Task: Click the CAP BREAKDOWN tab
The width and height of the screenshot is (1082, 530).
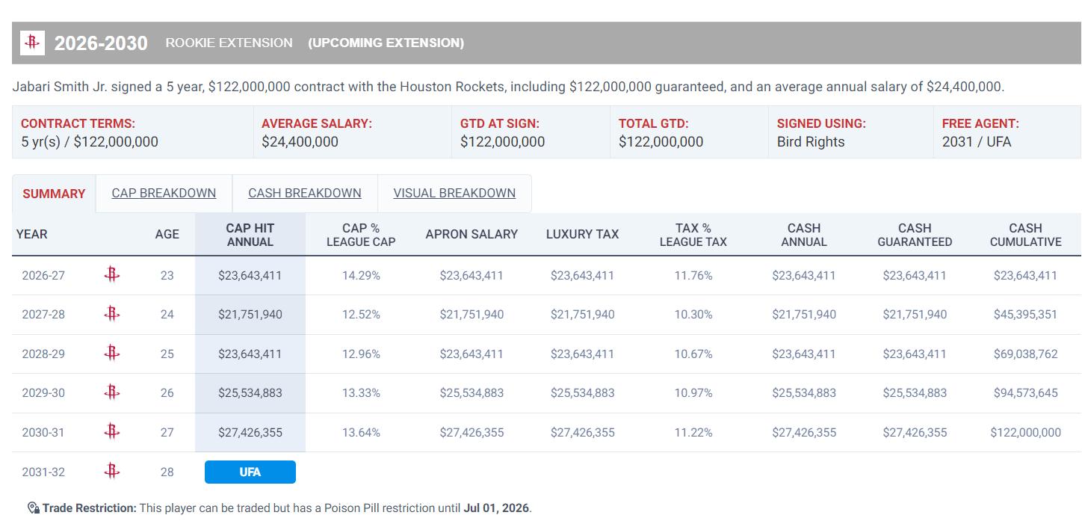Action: (164, 193)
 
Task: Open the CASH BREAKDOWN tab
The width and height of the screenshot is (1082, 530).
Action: (305, 193)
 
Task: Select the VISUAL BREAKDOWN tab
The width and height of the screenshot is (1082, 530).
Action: (454, 193)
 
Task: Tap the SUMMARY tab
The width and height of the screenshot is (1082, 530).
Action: (54, 194)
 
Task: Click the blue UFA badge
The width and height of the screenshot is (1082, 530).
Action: (250, 472)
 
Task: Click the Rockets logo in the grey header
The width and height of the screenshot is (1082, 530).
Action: (32, 43)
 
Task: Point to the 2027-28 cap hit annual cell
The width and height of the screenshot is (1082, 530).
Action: (250, 315)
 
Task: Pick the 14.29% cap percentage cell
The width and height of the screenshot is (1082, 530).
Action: (361, 275)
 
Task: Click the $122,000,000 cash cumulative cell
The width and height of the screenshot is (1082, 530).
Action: (1025, 432)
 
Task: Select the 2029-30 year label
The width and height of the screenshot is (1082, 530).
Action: (43, 392)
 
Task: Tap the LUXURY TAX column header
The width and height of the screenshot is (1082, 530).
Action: (582, 234)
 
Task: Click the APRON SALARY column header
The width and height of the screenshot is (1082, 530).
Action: (472, 234)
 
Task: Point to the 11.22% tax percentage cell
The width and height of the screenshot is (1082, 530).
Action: (693, 432)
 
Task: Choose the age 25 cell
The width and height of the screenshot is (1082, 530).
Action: (167, 354)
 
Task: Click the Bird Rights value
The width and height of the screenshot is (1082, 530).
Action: (811, 142)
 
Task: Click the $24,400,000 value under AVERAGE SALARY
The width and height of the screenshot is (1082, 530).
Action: (300, 142)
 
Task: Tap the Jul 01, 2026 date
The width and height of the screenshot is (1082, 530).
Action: (496, 508)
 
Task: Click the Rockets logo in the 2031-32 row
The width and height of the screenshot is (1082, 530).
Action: (111, 471)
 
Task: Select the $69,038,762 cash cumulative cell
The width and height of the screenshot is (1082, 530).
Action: (1025, 354)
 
